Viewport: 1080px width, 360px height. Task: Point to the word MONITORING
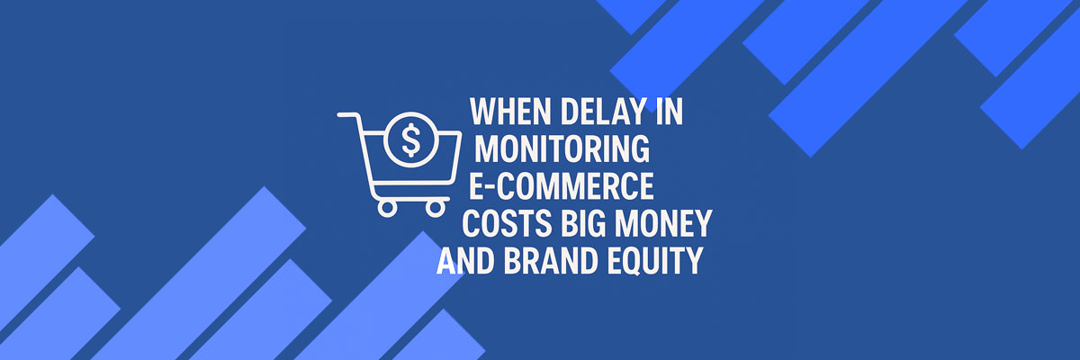(562, 148)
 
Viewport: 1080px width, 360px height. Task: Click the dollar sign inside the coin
(410, 139)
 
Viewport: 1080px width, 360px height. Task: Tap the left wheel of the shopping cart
(387, 208)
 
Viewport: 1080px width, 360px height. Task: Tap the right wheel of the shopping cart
(435, 208)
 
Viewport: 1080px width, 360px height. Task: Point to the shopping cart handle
(348, 115)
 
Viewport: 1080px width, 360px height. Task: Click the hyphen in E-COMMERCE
(490, 187)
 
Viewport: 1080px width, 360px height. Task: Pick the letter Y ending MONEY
(701, 223)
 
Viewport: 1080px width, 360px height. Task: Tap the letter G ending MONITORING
(639, 148)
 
